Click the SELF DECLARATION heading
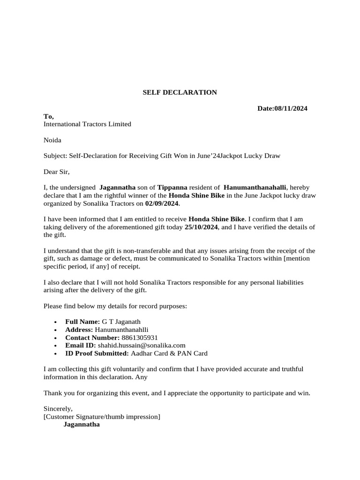coord(180,92)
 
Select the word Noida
coord(52,140)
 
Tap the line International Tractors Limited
coord(87,124)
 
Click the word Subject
coord(55,156)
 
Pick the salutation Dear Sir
coord(56,172)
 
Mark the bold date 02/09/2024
coord(162,204)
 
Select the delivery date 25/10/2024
coord(201,227)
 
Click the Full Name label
coord(82,322)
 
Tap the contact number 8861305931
coord(140,337)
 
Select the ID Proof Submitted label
coord(97,353)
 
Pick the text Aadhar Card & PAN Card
coord(169,353)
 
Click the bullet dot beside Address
coord(55,330)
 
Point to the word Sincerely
coord(58,409)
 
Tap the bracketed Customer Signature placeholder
coord(102,417)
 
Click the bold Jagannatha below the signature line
coord(82,425)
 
